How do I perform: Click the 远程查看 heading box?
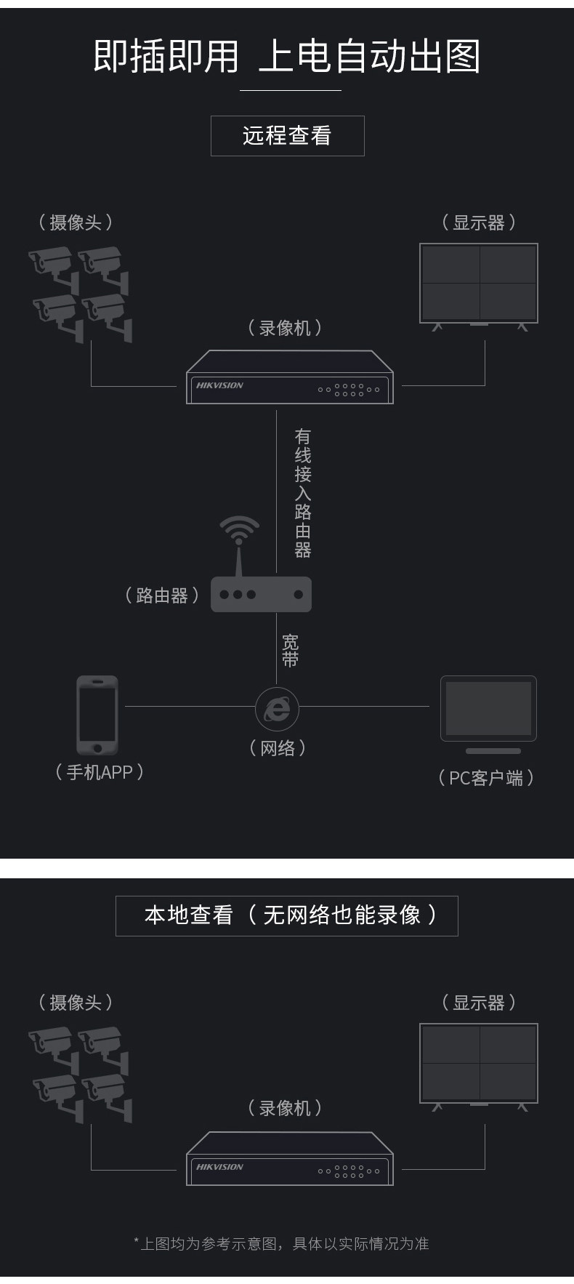pyautogui.click(x=287, y=136)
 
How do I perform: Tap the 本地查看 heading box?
pyautogui.click(x=287, y=915)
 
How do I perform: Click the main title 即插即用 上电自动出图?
pyautogui.click(x=287, y=57)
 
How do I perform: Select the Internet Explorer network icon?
pyautogui.click(x=277, y=707)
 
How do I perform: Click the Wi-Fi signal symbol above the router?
pyautogui.click(x=239, y=529)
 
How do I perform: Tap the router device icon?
pyautogui.click(x=261, y=594)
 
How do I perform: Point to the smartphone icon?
pyautogui.click(x=97, y=715)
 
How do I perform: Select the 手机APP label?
pyautogui.click(x=100, y=772)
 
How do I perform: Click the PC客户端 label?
pyautogui.click(x=486, y=778)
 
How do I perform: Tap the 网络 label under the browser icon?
pyautogui.click(x=278, y=748)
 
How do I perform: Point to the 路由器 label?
pyautogui.click(x=162, y=596)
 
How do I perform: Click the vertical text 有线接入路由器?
pyautogui.click(x=303, y=493)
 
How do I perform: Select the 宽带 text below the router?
pyautogui.click(x=290, y=651)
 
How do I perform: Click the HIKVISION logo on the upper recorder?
pyautogui.click(x=219, y=385)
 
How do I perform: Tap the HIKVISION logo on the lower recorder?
pyautogui.click(x=219, y=1167)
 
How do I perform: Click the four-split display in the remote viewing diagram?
pyautogui.click(x=479, y=283)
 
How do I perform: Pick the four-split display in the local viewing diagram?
pyautogui.click(x=479, y=1063)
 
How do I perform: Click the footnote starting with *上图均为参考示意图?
pyautogui.click(x=281, y=1244)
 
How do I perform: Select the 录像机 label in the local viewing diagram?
pyautogui.click(x=285, y=1108)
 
